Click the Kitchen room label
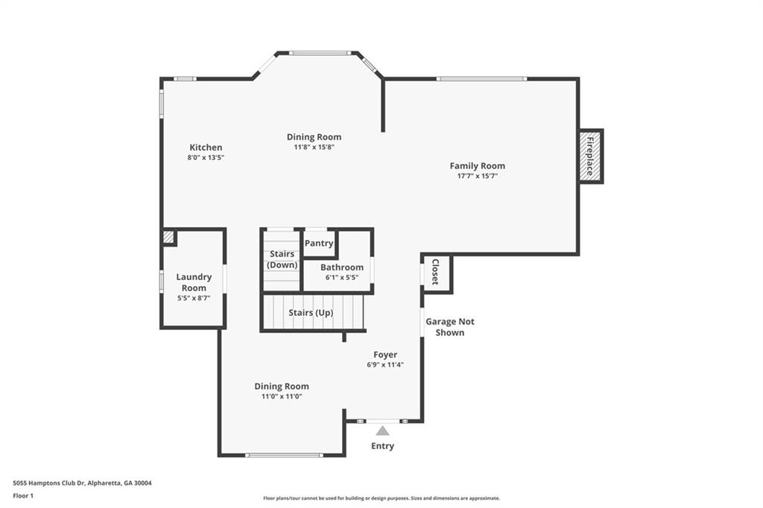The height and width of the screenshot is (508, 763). coord(206,147)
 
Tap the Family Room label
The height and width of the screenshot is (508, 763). coord(478,166)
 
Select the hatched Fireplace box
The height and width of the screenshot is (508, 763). coord(590,156)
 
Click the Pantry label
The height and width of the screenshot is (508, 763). coord(319,244)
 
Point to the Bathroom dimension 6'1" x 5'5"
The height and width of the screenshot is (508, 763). coord(342,277)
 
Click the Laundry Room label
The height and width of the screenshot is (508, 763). coord(194,282)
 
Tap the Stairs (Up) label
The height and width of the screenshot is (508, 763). coord(311,312)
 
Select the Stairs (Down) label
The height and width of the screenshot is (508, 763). coord(282,259)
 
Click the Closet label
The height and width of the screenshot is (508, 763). coord(435,272)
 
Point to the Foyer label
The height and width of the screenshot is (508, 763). coord(385,355)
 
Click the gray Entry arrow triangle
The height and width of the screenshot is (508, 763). coord(382,431)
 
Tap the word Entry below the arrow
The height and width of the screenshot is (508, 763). coord(382,445)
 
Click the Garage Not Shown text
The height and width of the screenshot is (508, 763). coord(449,327)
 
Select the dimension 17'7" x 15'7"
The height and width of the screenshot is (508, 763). coord(478,176)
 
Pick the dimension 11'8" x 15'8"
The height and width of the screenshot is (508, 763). coord(314,147)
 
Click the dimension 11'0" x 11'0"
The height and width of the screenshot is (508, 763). coord(282,396)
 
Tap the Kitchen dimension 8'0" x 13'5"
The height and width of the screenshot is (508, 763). coord(206,158)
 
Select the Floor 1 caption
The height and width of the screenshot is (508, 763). coord(23,496)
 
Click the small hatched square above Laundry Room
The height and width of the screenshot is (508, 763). coord(168,237)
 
